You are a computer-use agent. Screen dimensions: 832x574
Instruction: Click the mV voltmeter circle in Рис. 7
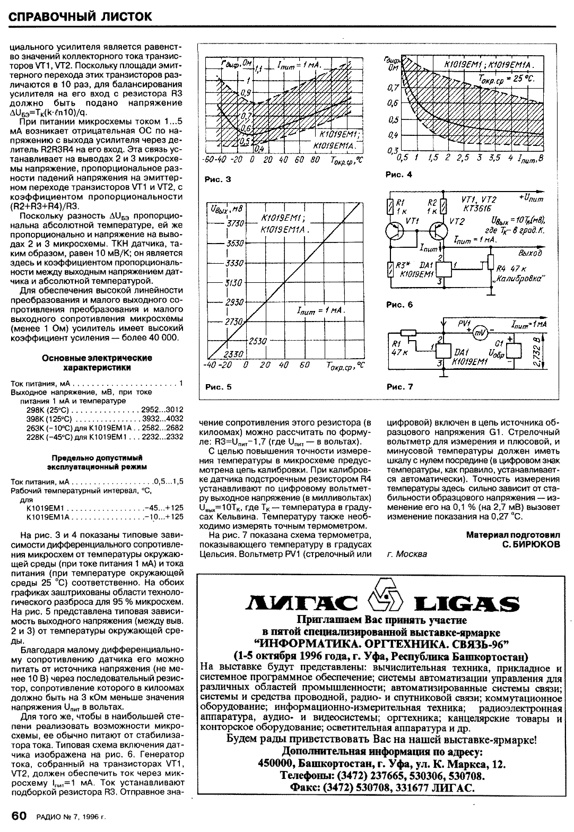pyautogui.click(x=481, y=332)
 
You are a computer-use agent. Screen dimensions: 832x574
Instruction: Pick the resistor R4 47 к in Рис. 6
pyautogui.click(x=490, y=262)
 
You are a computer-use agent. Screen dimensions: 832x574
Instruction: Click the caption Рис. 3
pyautogui.click(x=218, y=179)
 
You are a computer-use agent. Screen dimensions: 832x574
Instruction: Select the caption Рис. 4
pyautogui.click(x=398, y=175)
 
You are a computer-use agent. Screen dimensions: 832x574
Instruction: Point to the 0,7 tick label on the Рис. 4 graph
pyautogui.click(x=393, y=86)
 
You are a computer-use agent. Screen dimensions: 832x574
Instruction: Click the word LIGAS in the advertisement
pyautogui.click(x=466, y=603)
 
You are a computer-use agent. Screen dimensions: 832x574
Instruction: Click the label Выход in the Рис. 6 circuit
pyautogui.click(x=533, y=253)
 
